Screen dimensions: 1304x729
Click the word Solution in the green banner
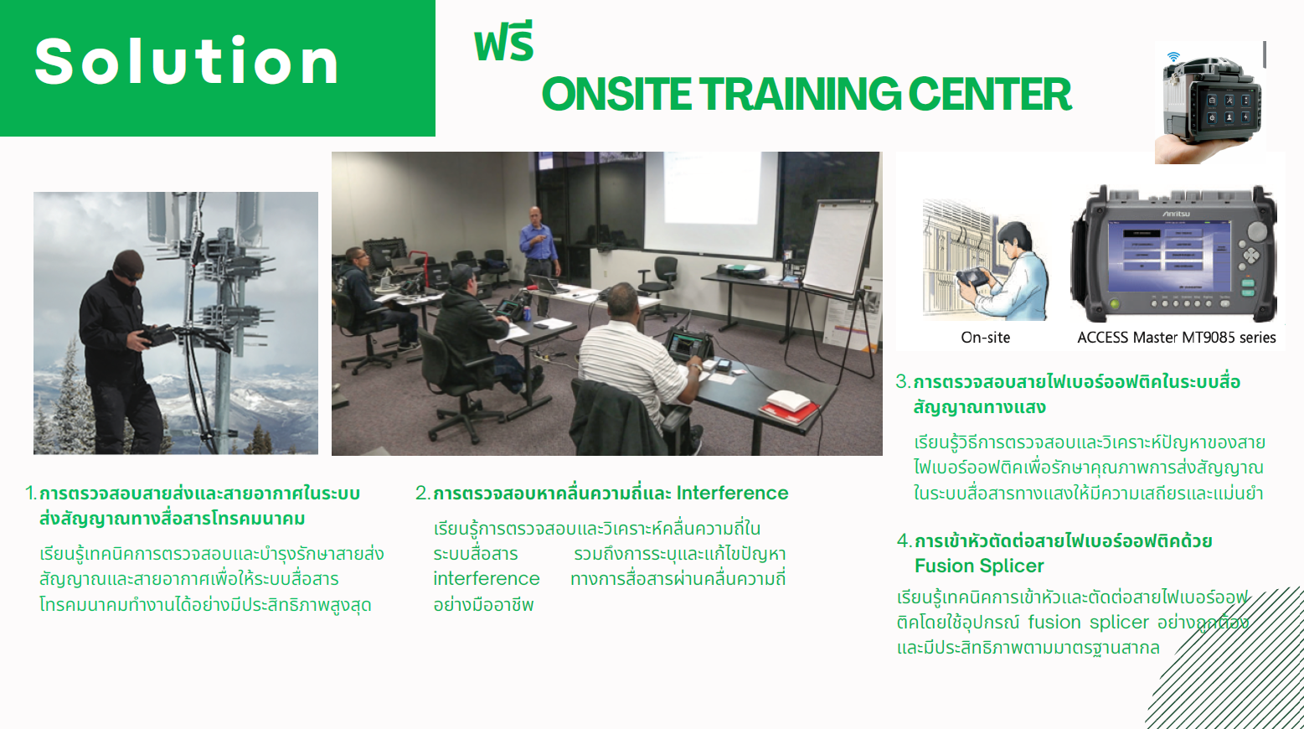tap(186, 60)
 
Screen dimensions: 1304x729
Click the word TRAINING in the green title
tap(800, 94)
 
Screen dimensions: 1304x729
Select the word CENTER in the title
tap(990, 94)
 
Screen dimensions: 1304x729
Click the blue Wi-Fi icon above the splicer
tap(1173, 57)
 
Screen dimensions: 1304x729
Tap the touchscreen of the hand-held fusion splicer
tap(1229, 108)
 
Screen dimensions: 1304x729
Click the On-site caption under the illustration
tap(985, 338)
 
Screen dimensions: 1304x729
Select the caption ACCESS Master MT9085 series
tap(1176, 338)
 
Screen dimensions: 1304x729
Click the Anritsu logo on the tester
tap(1176, 214)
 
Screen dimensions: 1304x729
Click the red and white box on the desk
tap(789, 406)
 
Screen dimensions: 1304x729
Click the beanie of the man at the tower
tap(127, 263)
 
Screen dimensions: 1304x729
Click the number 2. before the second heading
tap(423, 494)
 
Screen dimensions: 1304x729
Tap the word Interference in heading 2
tap(732, 494)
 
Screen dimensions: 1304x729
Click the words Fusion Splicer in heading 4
tap(979, 566)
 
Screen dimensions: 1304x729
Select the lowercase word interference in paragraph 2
tap(486, 579)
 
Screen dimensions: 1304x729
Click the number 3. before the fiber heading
tap(903, 382)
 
